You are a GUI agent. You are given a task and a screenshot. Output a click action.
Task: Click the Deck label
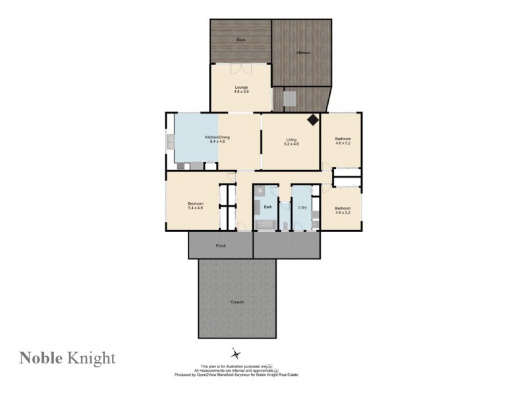click(240, 39)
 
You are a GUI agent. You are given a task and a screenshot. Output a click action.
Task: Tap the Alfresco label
click(303, 51)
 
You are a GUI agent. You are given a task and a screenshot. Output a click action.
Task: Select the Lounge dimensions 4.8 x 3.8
click(240, 92)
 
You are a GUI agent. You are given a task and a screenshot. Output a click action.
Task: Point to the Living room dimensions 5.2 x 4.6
click(291, 144)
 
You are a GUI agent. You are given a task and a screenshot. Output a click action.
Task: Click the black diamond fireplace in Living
click(312, 119)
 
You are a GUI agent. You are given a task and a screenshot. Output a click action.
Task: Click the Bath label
click(267, 207)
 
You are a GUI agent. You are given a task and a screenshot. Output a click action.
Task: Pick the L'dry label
click(303, 207)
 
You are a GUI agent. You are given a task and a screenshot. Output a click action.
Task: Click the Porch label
click(221, 246)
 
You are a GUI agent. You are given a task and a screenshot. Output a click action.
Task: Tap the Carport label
click(237, 302)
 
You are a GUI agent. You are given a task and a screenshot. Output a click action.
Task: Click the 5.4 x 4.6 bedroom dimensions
click(195, 208)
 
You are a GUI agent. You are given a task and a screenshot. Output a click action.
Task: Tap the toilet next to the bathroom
click(284, 226)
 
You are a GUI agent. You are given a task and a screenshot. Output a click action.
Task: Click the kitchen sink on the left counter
click(171, 141)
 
